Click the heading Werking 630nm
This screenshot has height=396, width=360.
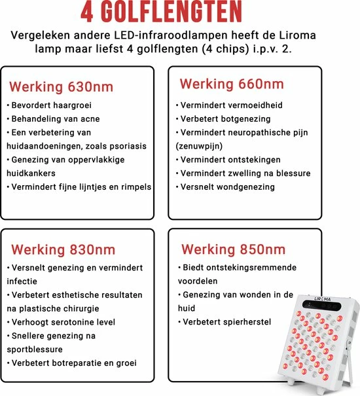coord(61,87)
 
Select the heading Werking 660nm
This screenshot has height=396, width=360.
coord(232,84)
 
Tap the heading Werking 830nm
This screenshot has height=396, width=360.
coord(62,249)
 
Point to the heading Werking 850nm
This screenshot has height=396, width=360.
coord(233,249)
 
